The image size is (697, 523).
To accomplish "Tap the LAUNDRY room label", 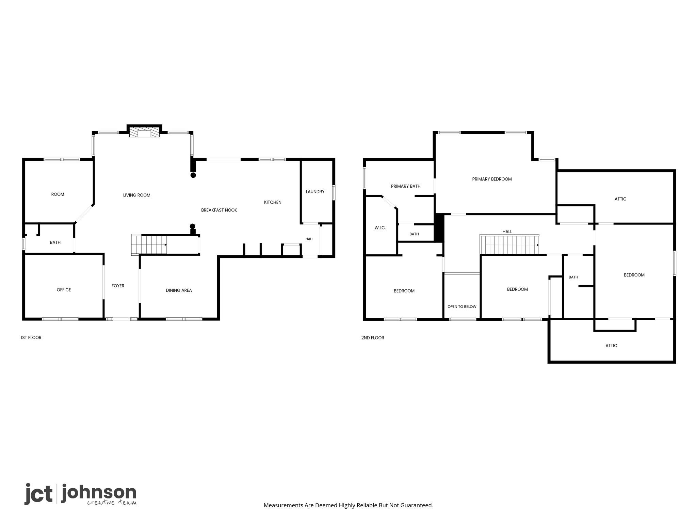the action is (315, 192).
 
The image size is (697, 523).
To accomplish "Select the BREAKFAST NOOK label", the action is (219, 210).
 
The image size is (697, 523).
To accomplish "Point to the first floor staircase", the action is (149, 244).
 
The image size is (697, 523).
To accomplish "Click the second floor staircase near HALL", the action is (509, 244).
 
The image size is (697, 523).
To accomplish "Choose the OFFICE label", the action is (64, 290).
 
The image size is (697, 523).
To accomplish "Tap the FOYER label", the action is (118, 286).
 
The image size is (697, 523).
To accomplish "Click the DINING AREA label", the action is (179, 290).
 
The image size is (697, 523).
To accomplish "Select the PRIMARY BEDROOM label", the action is (492, 179).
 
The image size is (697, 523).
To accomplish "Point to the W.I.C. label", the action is (380, 228).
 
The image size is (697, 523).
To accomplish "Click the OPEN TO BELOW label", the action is (462, 306).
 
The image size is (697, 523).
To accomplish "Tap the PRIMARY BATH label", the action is (406, 186).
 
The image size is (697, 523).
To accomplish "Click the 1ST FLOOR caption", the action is (31, 337).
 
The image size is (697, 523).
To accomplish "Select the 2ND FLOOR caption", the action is (373, 338).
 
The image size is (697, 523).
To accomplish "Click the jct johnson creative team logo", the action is (80, 494).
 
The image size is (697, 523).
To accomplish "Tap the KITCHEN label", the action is (273, 202).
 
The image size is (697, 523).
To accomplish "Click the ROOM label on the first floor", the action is (58, 194).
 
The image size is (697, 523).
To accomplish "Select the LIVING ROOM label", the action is (136, 195).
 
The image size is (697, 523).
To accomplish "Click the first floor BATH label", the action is (55, 242).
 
